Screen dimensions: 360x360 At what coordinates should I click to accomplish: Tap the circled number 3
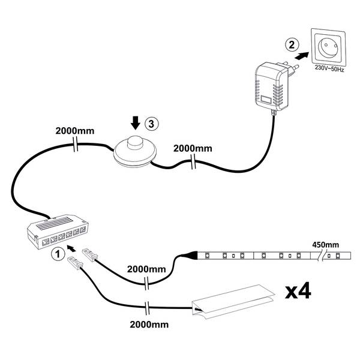[151, 124]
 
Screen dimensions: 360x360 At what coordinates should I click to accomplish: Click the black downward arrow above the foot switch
[136, 123]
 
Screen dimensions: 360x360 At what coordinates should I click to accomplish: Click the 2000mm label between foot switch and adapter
[193, 148]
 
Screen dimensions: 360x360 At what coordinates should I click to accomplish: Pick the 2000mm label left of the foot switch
[74, 131]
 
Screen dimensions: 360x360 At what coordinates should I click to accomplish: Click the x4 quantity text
[297, 292]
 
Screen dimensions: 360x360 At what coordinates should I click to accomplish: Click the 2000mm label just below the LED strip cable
[147, 270]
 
